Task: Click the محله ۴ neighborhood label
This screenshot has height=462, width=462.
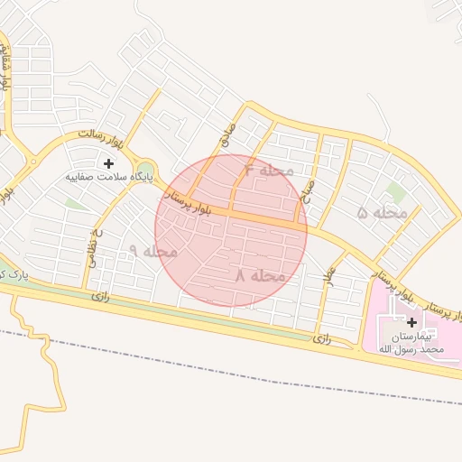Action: tap(270, 170)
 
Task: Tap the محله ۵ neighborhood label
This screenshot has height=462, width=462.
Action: tap(383, 213)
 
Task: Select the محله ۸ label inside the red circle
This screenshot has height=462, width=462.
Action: tap(261, 275)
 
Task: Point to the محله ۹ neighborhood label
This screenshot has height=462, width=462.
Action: tap(153, 251)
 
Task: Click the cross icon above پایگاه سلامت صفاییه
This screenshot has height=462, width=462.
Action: tap(109, 163)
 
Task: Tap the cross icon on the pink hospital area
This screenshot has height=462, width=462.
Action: tap(412, 322)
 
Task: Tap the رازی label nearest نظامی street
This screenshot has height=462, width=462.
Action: tap(100, 296)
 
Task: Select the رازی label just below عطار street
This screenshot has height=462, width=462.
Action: tap(322, 338)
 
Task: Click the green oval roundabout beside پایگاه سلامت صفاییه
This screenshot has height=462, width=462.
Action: tap(148, 170)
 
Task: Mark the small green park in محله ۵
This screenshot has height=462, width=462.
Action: tap(394, 192)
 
